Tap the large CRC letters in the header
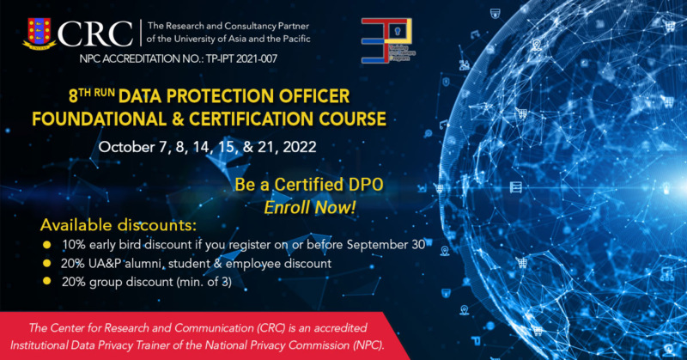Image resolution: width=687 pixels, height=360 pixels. pyautogui.click(x=103, y=33)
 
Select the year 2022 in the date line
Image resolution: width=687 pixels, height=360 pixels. pyautogui.click(x=295, y=147)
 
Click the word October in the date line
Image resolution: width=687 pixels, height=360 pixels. pyautogui.click(x=125, y=147)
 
